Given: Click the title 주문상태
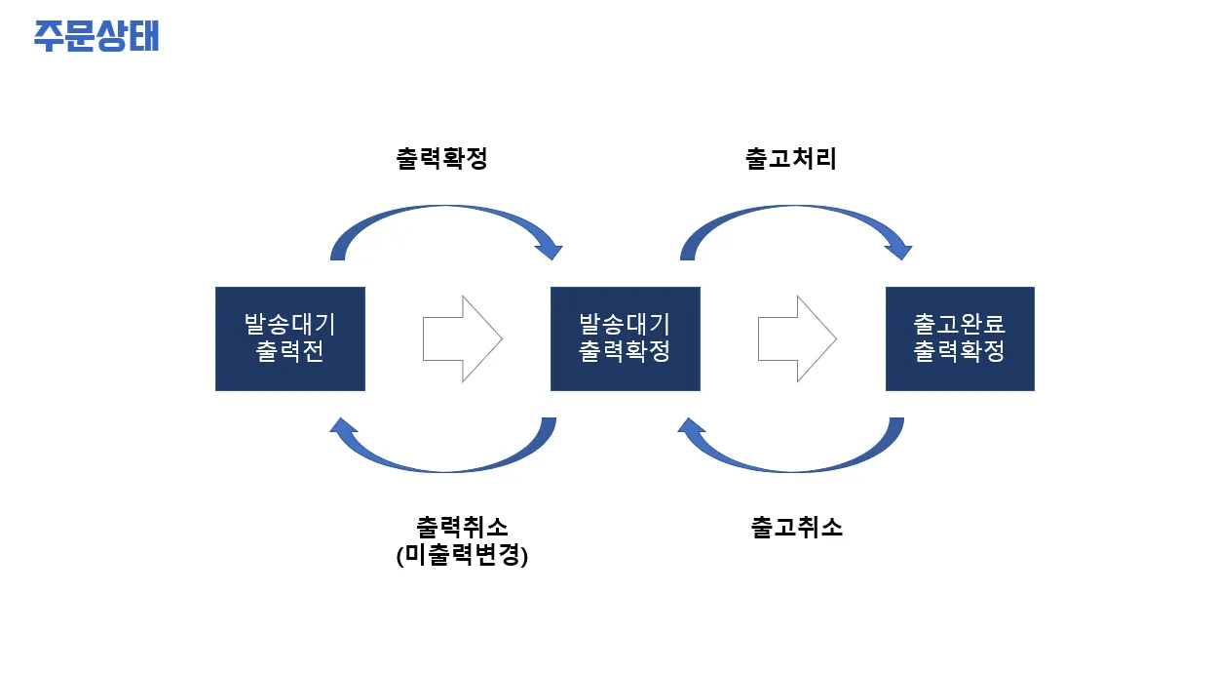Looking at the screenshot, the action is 96,36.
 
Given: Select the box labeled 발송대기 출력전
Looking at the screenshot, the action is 290,338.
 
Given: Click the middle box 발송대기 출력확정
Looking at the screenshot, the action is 626,338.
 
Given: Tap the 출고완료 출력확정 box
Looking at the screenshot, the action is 960,338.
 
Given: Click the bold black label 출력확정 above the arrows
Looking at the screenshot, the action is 442,159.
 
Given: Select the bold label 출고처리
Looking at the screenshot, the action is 791,159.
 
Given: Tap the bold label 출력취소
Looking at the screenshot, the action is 462,527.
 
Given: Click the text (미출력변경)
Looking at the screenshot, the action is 462,555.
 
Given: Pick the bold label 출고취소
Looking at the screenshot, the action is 796,527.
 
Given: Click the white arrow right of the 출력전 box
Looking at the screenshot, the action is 463,338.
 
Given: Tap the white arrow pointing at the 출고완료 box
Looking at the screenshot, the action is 797,338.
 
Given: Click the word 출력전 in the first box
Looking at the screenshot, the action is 290,351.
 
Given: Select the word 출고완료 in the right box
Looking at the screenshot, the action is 960,325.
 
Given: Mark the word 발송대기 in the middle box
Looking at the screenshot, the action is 626,325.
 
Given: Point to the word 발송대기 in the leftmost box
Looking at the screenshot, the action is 290,325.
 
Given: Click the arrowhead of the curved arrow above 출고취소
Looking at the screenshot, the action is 690,425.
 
